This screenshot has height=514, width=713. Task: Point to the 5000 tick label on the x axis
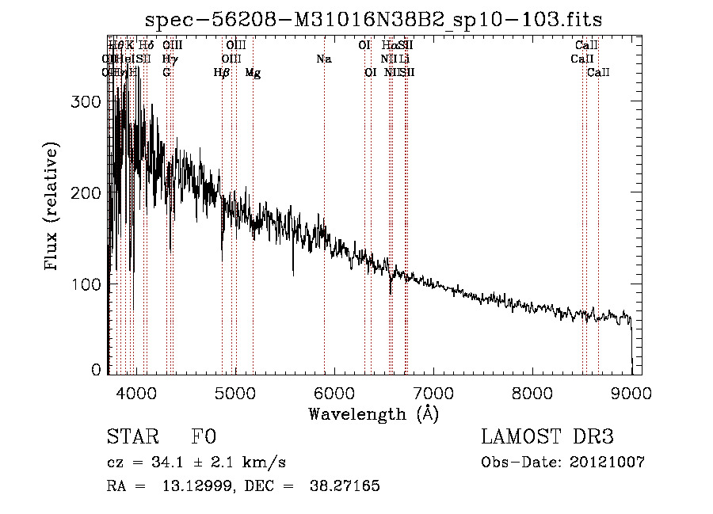(235, 393)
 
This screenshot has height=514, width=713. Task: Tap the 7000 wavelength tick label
(433, 393)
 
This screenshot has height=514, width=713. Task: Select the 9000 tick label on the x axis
(631, 393)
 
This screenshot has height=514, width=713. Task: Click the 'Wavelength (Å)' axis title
(373, 414)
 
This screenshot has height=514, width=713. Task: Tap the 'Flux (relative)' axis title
(52, 208)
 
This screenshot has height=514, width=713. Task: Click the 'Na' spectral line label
(323, 59)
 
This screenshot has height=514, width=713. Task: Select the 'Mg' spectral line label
(253, 73)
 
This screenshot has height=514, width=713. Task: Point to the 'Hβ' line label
(222, 73)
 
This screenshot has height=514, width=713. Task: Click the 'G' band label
(166, 73)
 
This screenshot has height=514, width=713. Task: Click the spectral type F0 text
(204, 437)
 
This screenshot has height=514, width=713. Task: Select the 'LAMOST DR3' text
(547, 437)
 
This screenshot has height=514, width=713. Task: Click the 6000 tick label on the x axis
(334, 393)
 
